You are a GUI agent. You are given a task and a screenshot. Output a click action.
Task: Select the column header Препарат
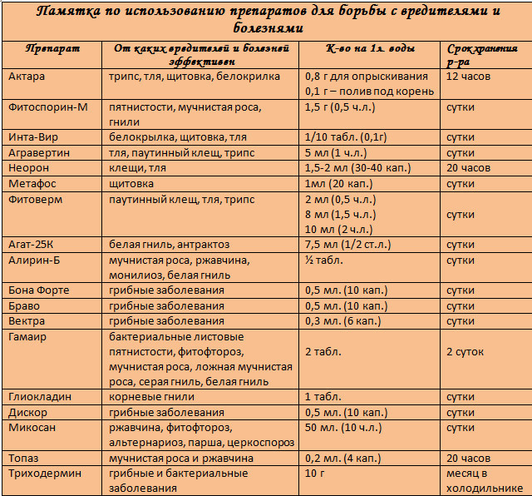click(48, 49)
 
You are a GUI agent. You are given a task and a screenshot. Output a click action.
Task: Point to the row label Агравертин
click(39, 153)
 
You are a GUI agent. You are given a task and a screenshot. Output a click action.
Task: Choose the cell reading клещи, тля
click(138, 168)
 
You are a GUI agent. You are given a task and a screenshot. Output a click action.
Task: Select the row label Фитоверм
click(36, 199)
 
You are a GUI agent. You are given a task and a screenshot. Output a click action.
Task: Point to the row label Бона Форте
click(39, 290)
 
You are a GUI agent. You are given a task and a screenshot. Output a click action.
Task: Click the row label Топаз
click(24, 459)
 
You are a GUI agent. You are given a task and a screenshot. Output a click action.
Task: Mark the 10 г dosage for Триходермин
click(315, 474)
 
